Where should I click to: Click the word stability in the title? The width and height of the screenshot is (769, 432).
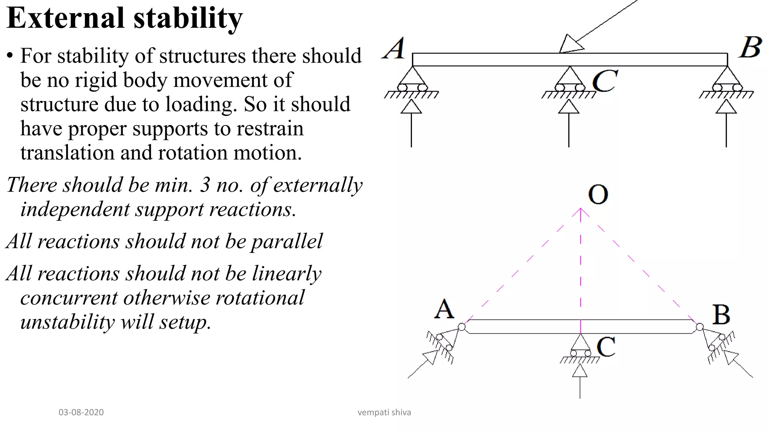click(x=188, y=19)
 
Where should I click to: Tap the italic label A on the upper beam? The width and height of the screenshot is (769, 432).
click(x=394, y=49)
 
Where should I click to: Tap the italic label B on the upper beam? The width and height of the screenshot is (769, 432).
click(x=751, y=48)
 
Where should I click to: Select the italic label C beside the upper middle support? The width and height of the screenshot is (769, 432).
click(x=605, y=81)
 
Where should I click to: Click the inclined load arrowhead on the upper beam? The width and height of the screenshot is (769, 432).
click(x=570, y=44)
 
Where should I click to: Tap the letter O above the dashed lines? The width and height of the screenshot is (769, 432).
click(x=598, y=195)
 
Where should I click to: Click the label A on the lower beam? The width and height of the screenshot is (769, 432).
click(x=445, y=310)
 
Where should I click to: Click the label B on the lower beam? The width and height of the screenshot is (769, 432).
click(x=721, y=315)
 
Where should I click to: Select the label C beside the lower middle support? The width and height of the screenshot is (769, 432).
click(x=606, y=347)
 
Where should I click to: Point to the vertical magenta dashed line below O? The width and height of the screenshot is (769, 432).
click(x=581, y=270)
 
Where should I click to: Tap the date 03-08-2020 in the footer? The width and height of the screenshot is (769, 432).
click(x=81, y=412)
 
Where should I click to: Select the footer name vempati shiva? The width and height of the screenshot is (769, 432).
click(x=384, y=412)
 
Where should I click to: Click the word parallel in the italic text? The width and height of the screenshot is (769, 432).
click(x=286, y=241)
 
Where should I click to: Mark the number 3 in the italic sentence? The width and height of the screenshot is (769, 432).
click(x=205, y=185)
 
